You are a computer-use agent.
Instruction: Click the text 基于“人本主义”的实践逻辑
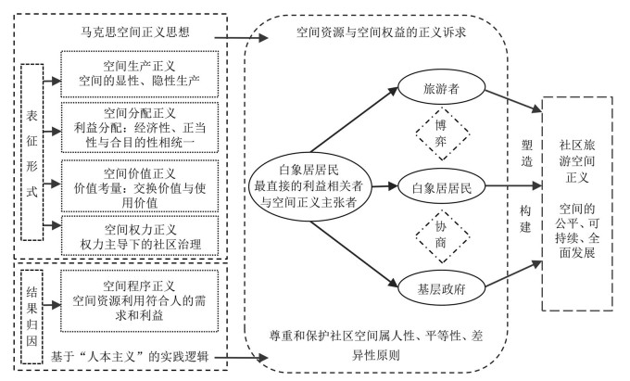pos(141,356)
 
